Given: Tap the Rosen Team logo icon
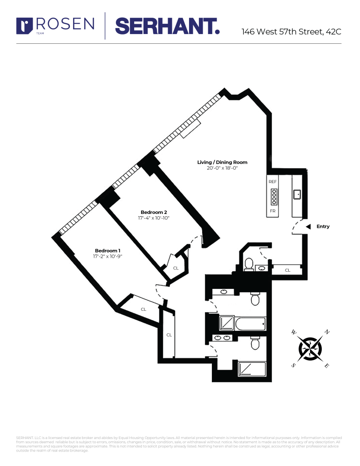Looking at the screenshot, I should [24, 25].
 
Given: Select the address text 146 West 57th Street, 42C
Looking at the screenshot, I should [292, 32].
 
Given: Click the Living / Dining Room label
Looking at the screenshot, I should [222, 162].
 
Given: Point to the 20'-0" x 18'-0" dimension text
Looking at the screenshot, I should [222, 168].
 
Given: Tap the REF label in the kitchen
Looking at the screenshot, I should [273, 181].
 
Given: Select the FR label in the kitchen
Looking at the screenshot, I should [273, 211].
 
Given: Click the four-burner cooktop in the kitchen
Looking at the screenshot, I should [274, 197].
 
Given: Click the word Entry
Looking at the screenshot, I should [323, 226].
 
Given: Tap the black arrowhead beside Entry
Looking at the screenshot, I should [308, 226].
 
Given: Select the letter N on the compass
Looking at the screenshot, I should [327, 332].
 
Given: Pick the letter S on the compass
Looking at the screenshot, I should [293, 365].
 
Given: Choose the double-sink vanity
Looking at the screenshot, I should [221, 338].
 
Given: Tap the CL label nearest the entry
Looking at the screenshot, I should [287, 270].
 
